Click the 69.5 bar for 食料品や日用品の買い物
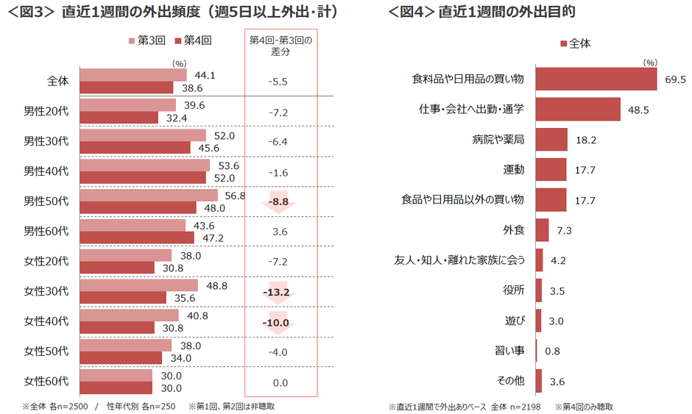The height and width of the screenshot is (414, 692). click(596, 79)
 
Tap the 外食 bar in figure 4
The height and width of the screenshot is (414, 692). click(542, 230)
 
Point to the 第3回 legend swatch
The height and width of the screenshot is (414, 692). click(132, 41)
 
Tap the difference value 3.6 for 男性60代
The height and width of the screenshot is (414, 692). click(280, 232)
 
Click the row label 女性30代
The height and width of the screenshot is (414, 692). click(46, 290)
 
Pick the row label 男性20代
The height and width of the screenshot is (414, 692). click(46, 111)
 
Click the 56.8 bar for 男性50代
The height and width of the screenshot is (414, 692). click(149, 195)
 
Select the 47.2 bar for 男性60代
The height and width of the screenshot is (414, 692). click(137, 238)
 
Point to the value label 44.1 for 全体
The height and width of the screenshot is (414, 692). click(205, 75)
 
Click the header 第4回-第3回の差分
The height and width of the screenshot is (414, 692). click(280, 46)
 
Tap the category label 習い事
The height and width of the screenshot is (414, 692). click(509, 351)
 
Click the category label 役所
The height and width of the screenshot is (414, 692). click(514, 290)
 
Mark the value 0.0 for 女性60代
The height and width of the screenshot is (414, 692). click(280, 382)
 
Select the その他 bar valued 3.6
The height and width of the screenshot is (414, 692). click(539, 381)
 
